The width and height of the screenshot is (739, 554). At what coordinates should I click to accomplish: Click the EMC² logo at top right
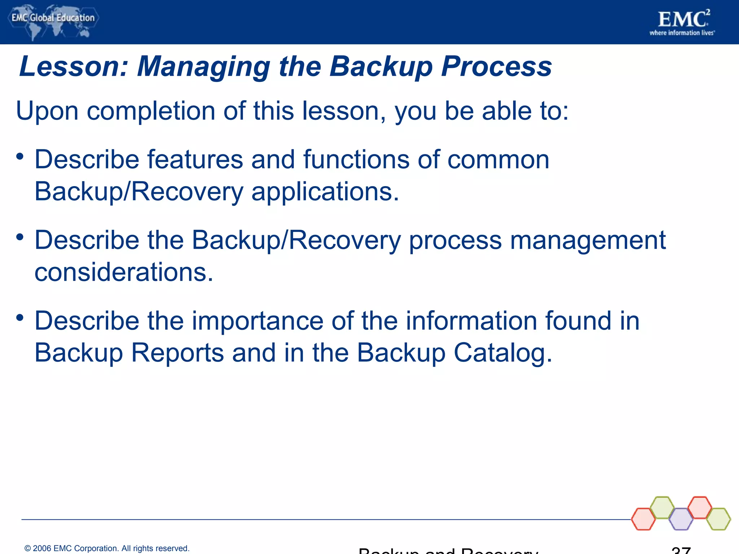(683, 19)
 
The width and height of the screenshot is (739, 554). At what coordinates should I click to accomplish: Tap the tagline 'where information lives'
(682, 33)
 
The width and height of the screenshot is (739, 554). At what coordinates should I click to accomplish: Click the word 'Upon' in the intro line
(47, 111)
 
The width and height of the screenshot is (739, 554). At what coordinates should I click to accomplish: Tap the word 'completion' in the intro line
(151, 111)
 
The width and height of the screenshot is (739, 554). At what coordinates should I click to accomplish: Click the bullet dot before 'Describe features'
(20, 157)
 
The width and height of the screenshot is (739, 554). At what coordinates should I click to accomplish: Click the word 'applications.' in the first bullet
(325, 192)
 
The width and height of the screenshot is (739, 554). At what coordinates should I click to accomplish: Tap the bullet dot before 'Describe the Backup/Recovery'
(20, 237)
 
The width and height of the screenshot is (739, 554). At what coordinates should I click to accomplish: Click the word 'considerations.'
(124, 272)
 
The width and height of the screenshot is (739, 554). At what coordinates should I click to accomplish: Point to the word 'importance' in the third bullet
(257, 321)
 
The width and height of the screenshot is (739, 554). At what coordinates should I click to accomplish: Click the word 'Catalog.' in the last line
(503, 353)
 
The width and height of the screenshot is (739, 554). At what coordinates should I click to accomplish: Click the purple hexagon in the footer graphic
(681, 519)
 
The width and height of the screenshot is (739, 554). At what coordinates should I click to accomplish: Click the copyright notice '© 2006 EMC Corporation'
(107, 548)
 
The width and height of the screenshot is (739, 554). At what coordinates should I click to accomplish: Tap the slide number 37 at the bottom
(681, 550)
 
